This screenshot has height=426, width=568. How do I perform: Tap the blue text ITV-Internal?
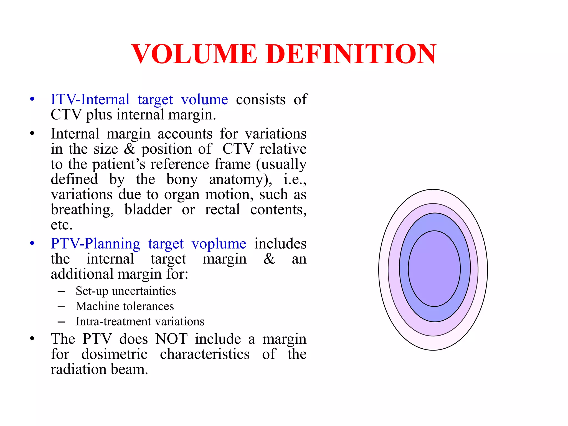[x=90, y=99]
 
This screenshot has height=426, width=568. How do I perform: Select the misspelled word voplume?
[x=219, y=244]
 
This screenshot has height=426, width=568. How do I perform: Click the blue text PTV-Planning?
[x=95, y=244]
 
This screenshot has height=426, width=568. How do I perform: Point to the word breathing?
[x=82, y=210]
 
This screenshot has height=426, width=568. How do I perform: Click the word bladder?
[x=148, y=210]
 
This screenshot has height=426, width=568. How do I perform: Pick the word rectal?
[x=222, y=210]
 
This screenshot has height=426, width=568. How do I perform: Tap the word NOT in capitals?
[x=171, y=339]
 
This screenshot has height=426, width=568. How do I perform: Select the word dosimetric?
[x=114, y=354]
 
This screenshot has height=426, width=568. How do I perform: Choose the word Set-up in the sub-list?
[x=92, y=291]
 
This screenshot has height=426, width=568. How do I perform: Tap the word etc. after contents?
[x=62, y=225]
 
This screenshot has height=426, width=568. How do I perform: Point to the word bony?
[x=182, y=179]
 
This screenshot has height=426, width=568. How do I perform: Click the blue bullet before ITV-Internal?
[x=32, y=99]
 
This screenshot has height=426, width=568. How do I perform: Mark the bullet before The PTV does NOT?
[x=32, y=339]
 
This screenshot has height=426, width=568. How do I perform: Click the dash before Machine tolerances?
[x=61, y=306]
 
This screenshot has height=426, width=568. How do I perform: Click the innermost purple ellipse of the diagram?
[x=434, y=268]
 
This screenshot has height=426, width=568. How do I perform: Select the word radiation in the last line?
[x=78, y=369]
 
